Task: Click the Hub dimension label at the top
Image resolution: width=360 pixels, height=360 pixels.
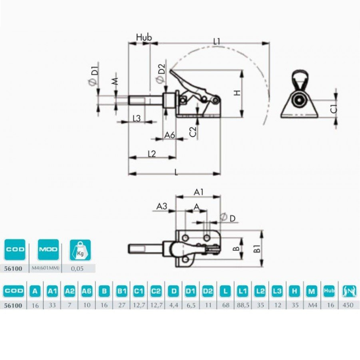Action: tap(144, 37)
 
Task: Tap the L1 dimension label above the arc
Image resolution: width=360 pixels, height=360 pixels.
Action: tap(216, 41)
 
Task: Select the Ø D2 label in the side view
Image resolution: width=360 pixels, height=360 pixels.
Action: tap(161, 74)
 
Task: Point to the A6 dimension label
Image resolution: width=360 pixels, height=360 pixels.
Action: tap(170, 135)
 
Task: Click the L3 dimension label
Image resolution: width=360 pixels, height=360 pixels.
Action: tap(136, 118)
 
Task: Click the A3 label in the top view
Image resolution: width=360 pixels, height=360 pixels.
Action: tap(162, 206)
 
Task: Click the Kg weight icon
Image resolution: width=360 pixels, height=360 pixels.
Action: tap(80, 250)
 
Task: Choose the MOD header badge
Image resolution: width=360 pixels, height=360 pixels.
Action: tap(48, 249)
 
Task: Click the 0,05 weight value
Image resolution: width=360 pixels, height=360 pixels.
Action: tap(78, 268)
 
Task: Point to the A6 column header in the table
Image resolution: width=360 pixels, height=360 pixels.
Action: tap(87, 290)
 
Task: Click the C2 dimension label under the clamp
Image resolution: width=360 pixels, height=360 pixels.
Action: tap(193, 131)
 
